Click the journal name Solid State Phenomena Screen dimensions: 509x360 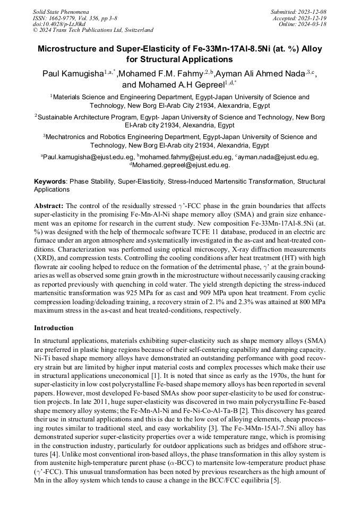tap(61, 11)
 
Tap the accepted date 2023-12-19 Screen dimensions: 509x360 tap(312, 18)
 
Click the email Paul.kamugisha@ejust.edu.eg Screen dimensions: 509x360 tap(89, 157)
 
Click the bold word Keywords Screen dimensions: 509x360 tap(50, 182)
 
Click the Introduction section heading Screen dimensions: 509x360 tap(54, 328)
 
